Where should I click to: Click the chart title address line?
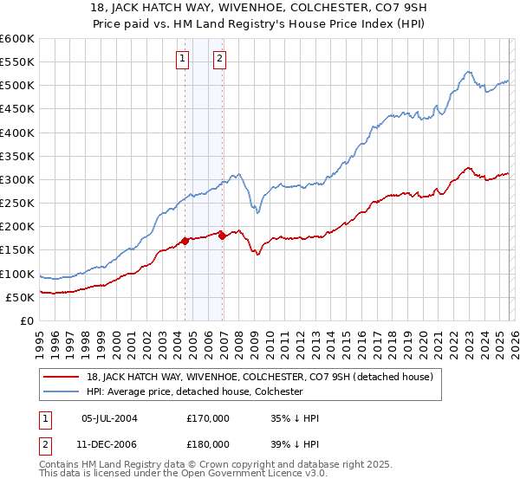point(259,8)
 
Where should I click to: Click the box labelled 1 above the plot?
point(183,59)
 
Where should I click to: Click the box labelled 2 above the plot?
point(219,59)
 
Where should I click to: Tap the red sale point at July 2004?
point(185,241)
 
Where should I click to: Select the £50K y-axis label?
point(20,297)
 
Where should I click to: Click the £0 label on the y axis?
point(26,320)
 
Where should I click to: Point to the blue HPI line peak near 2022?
point(467,72)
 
